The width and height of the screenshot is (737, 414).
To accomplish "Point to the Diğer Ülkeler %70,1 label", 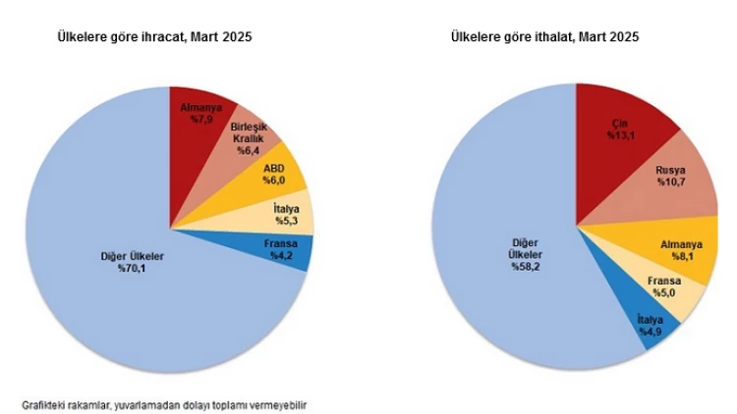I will pos(133,263).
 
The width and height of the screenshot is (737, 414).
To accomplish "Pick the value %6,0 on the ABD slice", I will pos(273,181).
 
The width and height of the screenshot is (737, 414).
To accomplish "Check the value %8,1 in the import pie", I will pos(677,256).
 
